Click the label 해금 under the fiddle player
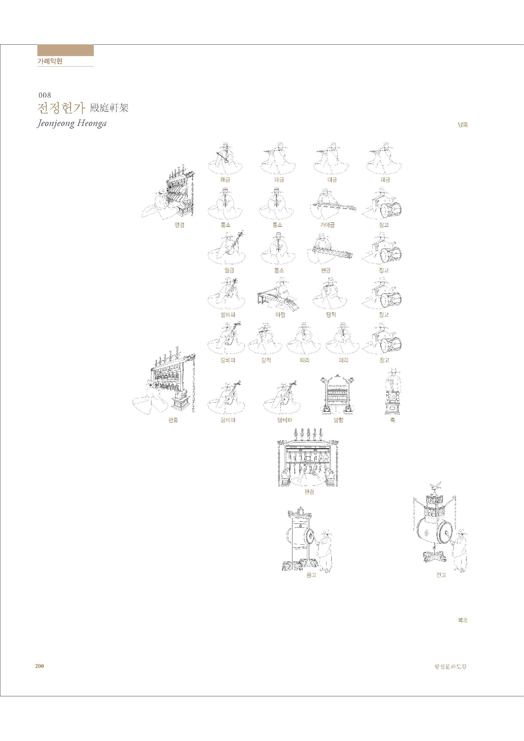pyautogui.click(x=225, y=180)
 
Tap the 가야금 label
pyautogui.click(x=327, y=225)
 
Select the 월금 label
pyautogui.click(x=229, y=270)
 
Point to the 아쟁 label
pyautogui.click(x=280, y=315)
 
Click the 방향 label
pyautogui.click(x=338, y=420)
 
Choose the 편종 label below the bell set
pyautogui.click(x=173, y=420)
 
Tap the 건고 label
pyautogui.click(x=441, y=575)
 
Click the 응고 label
pyautogui.click(x=311, y=575)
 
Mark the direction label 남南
pyautogui.click(x=463, y=125)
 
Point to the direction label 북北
pyautogui.click(x=463, y=620)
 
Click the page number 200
pyautogui.click(x=39, y=666)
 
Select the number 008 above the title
pyautogui.click(x=45, y=95)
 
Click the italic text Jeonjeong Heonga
pyautogui.click(x=72, y=123)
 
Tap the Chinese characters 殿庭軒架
pyautogui.click(x=109, y=108)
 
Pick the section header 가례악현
pyautogui.click(x=50, y=61)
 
